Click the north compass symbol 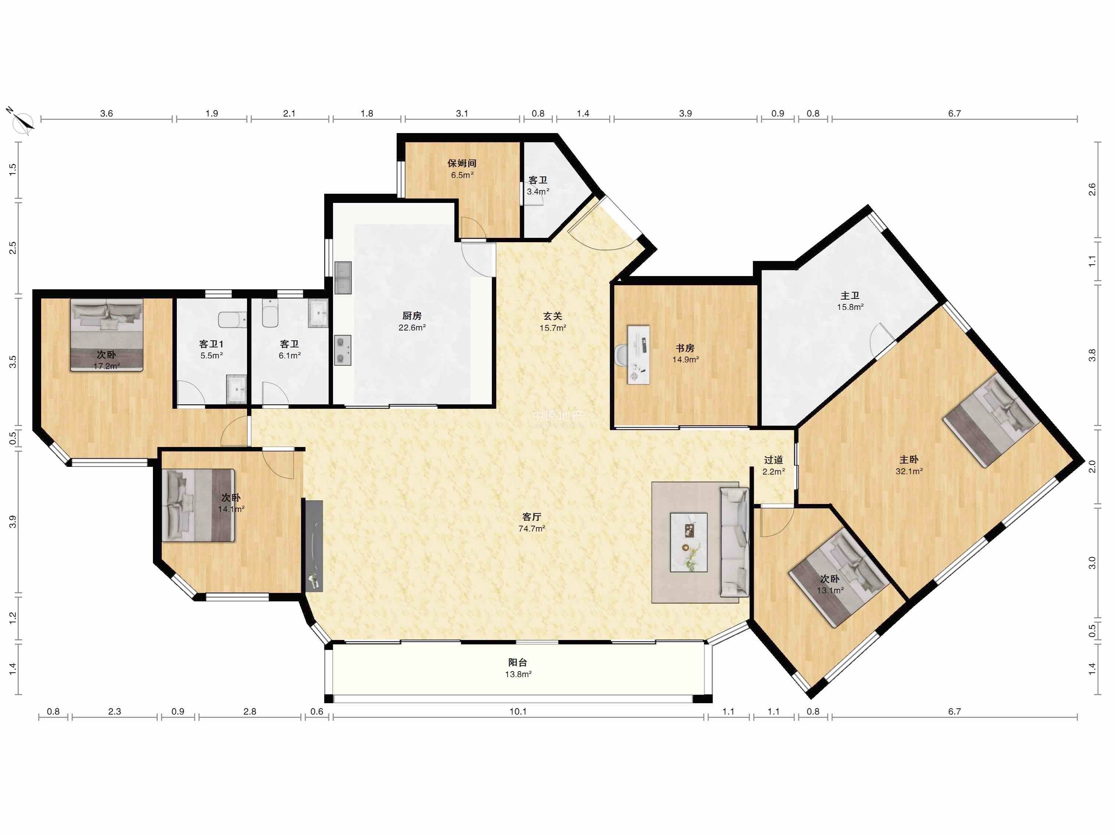[x=21, y=121]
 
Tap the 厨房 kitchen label [x=412, y=316]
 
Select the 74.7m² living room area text [x=532, y=529]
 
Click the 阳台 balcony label [x=518, y=662]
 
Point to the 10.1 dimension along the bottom [x=518, y=711]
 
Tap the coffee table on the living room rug [x=688, y=542]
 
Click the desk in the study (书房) [x=638, y=354]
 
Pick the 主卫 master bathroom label [x=850, y=296]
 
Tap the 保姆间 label [x=462, y=163]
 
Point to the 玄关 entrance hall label [x=552, y=316]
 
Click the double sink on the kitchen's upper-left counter [x=343, y=278]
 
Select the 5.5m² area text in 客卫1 [x=211, y=356]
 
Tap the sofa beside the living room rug [x=734, y=542]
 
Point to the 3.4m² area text [x=538, y=192]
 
